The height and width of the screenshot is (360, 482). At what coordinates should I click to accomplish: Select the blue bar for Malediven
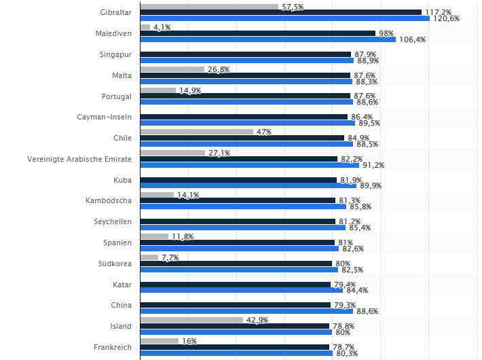coord(267,39)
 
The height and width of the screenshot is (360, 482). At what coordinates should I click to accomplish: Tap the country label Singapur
coord(116,54)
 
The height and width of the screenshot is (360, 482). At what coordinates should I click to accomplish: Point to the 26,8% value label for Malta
coord(219,69)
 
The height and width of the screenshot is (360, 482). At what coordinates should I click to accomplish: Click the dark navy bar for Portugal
coord(244,96)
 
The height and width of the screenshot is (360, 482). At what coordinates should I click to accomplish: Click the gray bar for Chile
coord(196,132)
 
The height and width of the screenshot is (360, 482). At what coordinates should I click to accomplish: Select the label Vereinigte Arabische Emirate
coord(79,159)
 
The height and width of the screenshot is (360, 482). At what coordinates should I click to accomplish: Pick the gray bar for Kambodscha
coord(157,195)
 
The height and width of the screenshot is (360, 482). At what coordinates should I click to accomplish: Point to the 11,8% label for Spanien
coord(183,236)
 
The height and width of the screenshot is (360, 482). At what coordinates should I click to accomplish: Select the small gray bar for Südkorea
coord(149,257)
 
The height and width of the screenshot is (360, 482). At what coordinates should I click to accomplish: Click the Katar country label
coord(122,285)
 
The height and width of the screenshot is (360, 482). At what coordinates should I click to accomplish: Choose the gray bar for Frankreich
coord(159,341)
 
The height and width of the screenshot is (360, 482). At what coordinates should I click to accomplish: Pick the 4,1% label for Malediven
coord(162,27)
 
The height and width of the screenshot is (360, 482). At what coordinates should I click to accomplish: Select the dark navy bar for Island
coord(234,326)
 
